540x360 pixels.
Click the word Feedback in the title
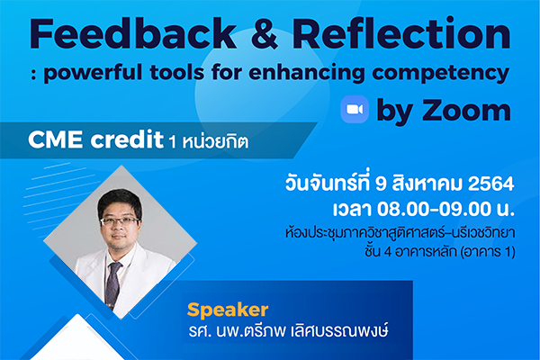tap(133, 34)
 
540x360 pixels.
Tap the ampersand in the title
tap(265, 34)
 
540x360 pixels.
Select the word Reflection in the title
tap(401, 33)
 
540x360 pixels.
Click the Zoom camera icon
tap(355, 110)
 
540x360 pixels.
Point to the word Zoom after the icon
tap(466, 110)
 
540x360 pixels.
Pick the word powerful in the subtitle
tap(93, 73)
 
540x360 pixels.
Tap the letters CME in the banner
tap(56, 139)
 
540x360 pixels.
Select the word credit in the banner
tap(127, 139)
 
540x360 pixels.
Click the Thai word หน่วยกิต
tap(215, 141)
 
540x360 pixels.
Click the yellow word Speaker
tap(228, 310)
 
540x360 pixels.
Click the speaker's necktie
tap(113, 283)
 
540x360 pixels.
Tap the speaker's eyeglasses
tap(120, 220)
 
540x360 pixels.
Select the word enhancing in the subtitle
tap(307, 73)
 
